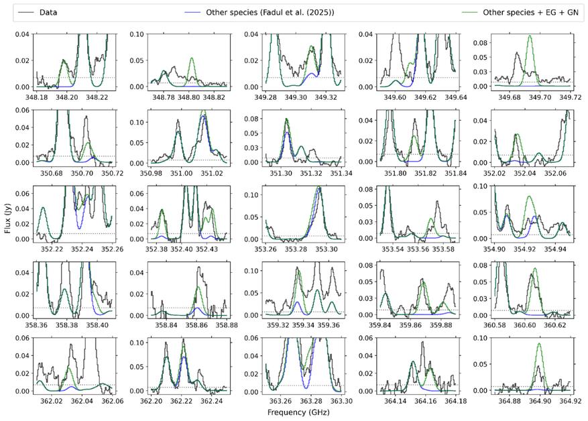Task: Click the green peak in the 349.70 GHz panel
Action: (x=530, y=38)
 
